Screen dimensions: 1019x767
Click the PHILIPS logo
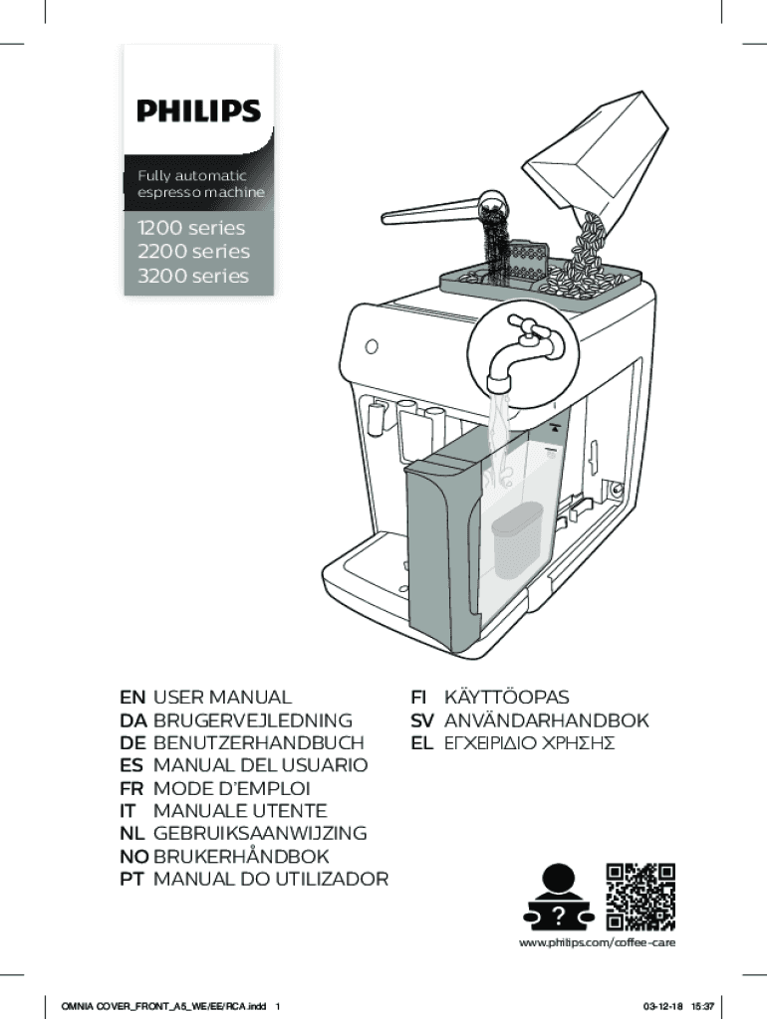point(198,110)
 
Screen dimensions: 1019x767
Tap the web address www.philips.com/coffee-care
point(598,941)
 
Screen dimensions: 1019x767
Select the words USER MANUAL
point(222,698)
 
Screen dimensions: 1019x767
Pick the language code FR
point(131,788)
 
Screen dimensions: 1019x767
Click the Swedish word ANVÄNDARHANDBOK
point(546,720)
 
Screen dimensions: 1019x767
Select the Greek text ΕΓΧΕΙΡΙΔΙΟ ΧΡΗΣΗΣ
point(528,743)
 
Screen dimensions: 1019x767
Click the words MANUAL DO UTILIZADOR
point(270,879)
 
